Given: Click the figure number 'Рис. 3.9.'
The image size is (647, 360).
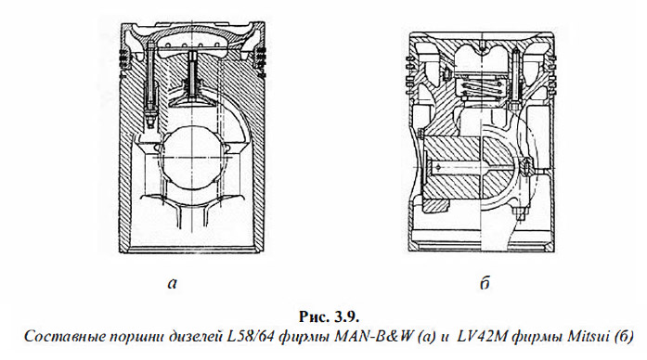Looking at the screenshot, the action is pyautogui.click(x=330, y=316).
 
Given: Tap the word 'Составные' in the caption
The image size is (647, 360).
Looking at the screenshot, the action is pyautogui.click(x=56, y=337).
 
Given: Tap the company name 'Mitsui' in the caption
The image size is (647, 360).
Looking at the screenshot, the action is pyautogui.click(x=586, y=337).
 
